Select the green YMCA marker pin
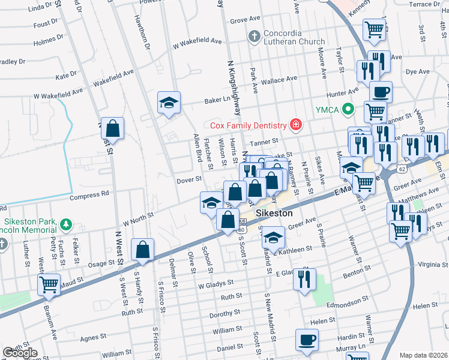346,109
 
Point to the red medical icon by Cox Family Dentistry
295,125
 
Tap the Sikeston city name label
274,214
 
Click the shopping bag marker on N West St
112,128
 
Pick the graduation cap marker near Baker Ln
169,103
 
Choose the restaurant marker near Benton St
306,278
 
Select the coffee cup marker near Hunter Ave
381,92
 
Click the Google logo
20,353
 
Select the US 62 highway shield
402,169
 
